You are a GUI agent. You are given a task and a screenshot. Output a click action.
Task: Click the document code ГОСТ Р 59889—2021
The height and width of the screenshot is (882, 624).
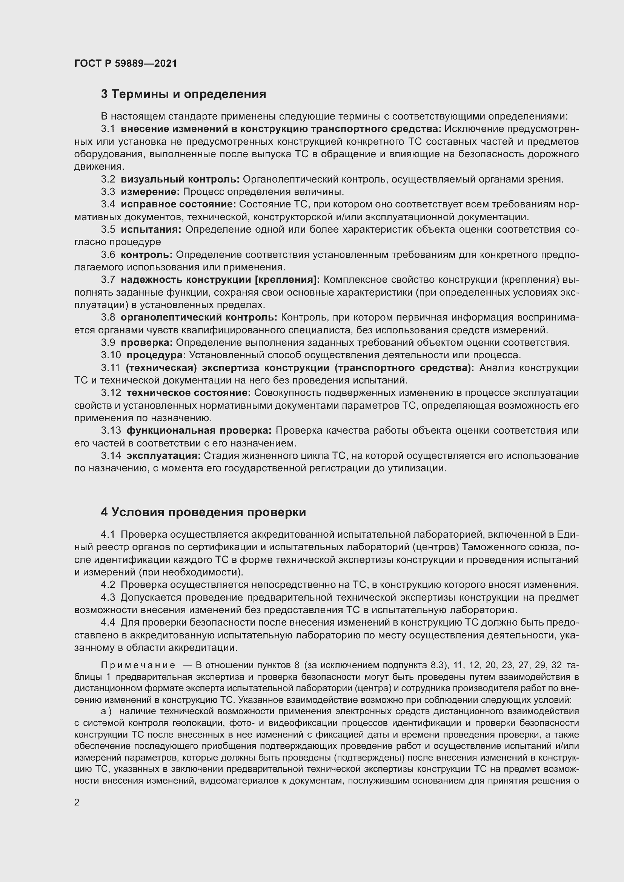coord(126,63)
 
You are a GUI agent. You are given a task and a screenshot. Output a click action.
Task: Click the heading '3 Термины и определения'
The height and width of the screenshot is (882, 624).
coord(183,94)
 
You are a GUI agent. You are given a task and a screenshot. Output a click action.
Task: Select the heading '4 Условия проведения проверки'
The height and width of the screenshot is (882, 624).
coord(203,512)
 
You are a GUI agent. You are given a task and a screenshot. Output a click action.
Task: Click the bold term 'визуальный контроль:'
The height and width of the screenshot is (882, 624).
coord(180,179)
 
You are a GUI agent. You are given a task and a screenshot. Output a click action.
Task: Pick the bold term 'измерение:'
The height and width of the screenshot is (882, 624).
coord(150,191)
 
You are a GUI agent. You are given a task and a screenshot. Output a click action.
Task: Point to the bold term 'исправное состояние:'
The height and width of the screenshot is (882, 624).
coord(178,204)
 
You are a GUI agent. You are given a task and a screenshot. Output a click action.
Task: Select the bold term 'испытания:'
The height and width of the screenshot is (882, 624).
coord(151,229)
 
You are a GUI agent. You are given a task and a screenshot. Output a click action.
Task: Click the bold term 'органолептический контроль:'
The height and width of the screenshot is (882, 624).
coord(199,317)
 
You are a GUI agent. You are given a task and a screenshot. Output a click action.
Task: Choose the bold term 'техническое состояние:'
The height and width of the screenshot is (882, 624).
coord(189,393)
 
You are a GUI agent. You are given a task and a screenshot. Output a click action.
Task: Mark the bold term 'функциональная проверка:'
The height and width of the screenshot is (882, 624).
coord(199,431)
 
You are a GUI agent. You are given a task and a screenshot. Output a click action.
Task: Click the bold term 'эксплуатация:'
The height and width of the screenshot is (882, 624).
coord(164,456)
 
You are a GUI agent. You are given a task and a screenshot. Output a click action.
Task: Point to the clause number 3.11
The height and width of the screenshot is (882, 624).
coord(111,368)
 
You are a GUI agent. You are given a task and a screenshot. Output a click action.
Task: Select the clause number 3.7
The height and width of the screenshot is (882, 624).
coord(108,280)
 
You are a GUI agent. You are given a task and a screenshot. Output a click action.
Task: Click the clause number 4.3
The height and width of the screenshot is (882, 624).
coord(108,598)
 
